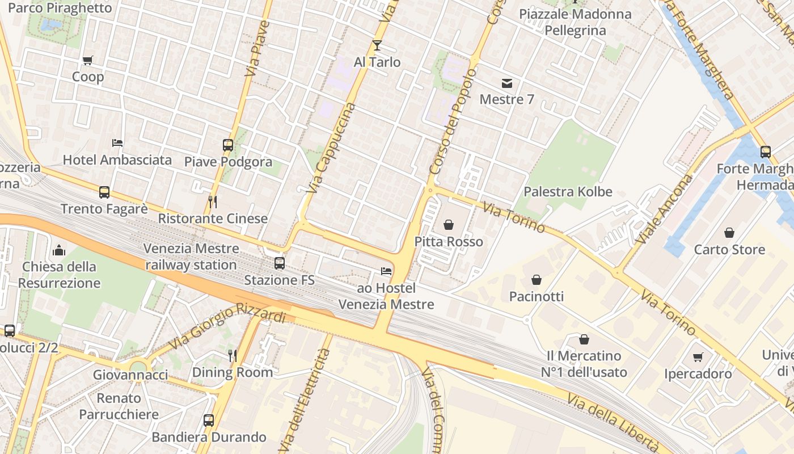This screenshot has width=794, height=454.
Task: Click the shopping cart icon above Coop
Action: [x=87, y=60]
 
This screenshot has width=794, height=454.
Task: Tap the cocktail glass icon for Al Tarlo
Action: [x=377, y=45]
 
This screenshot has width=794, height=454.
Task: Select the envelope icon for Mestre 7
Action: [x=507, y=83]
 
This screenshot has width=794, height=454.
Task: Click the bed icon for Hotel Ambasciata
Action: [x=117, y=143]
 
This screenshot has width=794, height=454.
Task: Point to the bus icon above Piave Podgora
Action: [x=228, y=145]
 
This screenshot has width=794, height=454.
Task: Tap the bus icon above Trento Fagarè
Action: [x=104, y=192]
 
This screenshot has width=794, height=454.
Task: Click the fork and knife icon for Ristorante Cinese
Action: [x=213, y=201]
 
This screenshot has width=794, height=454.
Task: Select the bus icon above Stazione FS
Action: [x=279, y=263]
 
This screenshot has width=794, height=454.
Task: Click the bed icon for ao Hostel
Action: [x=386, y=271]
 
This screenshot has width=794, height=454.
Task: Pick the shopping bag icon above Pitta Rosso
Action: [x=449, y=225]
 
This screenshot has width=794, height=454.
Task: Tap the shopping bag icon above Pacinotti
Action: [x=536, y=280]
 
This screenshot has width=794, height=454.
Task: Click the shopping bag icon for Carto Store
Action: [x=729, y=233]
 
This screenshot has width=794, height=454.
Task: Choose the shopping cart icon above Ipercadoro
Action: [x=698, y=357]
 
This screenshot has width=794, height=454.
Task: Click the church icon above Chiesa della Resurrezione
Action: [x=59, y=250]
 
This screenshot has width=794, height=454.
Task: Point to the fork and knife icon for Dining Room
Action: [x=232, y=355]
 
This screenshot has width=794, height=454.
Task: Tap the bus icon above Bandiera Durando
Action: [x=209, y=421]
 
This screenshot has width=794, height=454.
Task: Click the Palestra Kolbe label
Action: [x=568, y=192]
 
